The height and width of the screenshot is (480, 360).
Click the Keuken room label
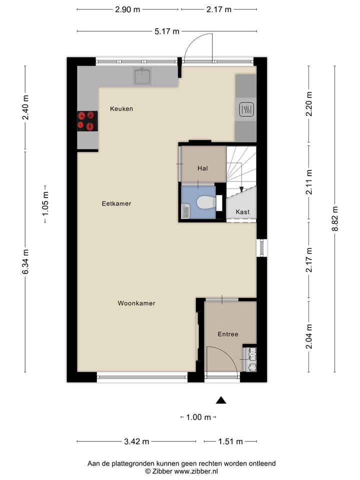[x=121, y=108]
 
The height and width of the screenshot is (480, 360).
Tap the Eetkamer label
[x=116, y=203]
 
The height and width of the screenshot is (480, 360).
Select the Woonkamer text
[x=136, y=303]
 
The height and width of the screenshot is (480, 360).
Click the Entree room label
[x=227, y=334]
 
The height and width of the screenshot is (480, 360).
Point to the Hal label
[x=202, y=168]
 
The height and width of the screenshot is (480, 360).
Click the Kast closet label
[x=242, y=212]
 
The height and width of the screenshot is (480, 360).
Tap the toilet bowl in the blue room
[x=205, y=202]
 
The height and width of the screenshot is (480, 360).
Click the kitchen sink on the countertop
[x=142, y=76]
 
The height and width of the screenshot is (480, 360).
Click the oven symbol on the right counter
[x=245, y=109]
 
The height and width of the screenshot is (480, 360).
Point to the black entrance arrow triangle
[x=220, y=399]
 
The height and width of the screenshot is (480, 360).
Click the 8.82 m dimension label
[x=334, y=218]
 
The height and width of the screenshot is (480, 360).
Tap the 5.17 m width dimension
[x=167, y=31]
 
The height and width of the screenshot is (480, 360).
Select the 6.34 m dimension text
[x=25, y=261]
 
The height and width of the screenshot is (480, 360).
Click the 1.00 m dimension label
[x=198, y=417]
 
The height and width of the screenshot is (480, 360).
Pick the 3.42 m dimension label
[x=136, y=441]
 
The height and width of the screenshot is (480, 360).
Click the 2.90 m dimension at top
[x=127, y=9]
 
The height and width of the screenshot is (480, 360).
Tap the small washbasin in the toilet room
[x=185, y=212]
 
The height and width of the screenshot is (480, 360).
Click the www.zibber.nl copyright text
[x=181, y=471]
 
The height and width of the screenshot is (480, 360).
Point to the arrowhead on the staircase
[x=241, y=189]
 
